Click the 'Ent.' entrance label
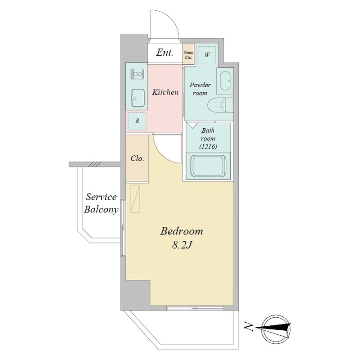[164, 53]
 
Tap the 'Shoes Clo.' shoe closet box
[188, 54]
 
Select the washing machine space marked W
[207, 55]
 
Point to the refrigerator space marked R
[137, 121]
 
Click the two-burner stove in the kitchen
[137, 74]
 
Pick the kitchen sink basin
[138, 98]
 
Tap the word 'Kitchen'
[165, 92]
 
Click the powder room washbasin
[225, 81]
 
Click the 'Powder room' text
[200, 89]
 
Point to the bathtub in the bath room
[209, 166]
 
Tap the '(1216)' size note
[208, 147]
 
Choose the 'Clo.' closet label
[137, 158]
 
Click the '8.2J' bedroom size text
[182, 245]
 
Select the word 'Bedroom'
[182, 231]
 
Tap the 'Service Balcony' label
[101, 203]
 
